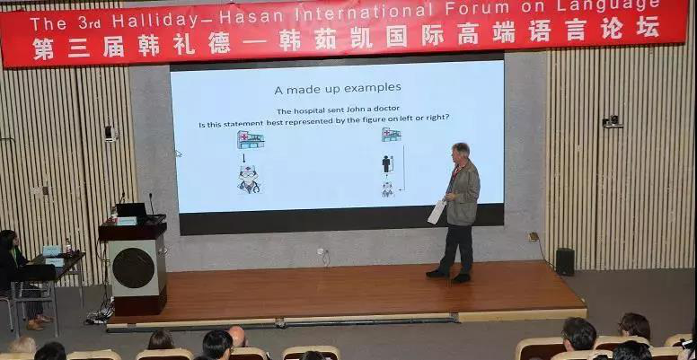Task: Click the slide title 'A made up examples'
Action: pos(338,88)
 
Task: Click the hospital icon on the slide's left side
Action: pos(251,139)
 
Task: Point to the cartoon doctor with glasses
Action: pos(249,180)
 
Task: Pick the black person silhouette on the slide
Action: pos(386,163)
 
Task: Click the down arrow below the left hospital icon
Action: pos(243,158)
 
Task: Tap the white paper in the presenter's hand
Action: pos(436,212)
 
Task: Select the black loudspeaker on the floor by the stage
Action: pos(565,262)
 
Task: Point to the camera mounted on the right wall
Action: pos(612,121)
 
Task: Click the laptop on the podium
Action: pos(131,210)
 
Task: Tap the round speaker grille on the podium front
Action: pos(133,268)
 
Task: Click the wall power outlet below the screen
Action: pos(320,251)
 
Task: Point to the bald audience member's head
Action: pos(237,336)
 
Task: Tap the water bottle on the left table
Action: pos(68,246)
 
